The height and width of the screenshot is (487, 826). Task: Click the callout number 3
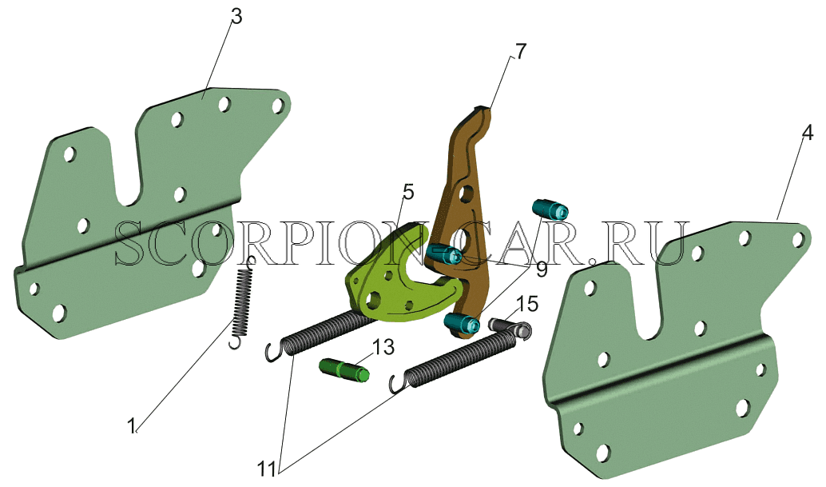pos(236,17)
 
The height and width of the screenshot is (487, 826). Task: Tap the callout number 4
pos(808,133)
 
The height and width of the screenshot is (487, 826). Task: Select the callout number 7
pos(520,52)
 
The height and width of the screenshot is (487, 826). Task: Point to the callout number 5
pos(408,193)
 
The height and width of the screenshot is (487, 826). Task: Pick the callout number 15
pos(526,304)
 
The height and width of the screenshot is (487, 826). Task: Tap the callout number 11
pos(267,469)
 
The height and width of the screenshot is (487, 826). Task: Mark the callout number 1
pos(133,425)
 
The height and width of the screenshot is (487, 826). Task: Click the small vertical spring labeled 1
pos(242,302)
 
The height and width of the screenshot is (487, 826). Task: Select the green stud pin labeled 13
pos(344,369)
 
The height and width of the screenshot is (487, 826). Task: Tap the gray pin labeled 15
pos(510,327)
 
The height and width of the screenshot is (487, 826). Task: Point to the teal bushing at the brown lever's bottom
pos(462,322)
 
